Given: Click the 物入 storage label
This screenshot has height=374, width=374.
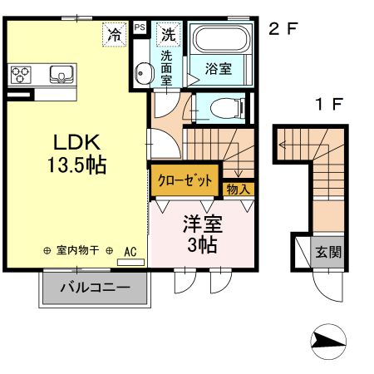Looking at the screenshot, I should pyautogui.click(x=238, y=190).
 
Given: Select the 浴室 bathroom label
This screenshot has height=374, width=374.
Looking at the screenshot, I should pyautogui.click(x=220, y=67).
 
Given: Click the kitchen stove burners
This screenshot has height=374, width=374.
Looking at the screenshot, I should pyautogui.click(x=21, y=76).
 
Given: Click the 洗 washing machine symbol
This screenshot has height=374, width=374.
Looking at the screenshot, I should pyautogui.click(x=169, y=34).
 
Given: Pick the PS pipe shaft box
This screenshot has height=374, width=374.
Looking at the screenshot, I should pyautogui.click(x=139, y=27).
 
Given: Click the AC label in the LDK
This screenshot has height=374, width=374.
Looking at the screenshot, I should pyautogui.click(x=130, y=250).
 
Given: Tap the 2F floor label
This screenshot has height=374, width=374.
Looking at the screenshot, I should pyautogui.click(x=283, y=30).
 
